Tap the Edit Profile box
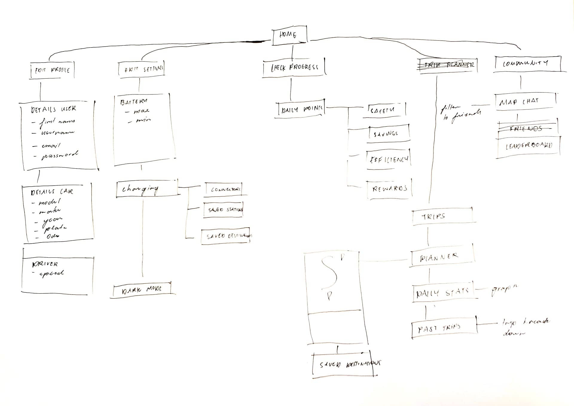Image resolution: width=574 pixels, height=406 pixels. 52,70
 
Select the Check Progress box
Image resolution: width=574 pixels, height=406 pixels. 294,68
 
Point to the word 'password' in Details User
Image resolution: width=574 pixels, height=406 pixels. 60,155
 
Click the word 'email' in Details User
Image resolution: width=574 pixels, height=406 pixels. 51,146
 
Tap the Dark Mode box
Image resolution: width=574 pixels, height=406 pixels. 142,289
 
